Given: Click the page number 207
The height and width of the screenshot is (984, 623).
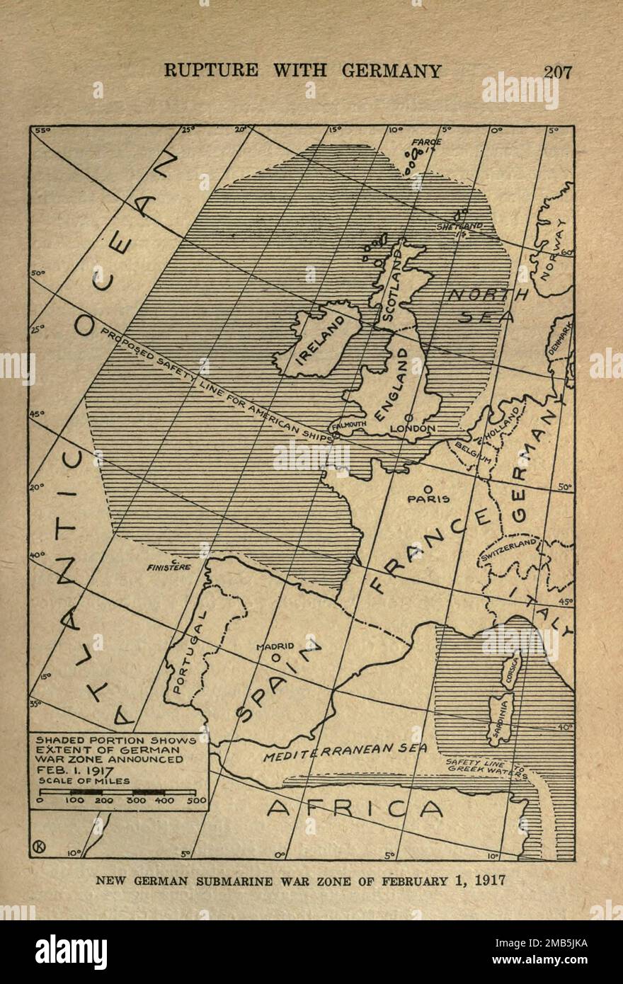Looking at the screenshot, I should point(558,71).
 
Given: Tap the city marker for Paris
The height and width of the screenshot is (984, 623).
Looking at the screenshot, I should point(428,488).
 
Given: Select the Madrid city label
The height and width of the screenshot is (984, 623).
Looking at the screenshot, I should point(275,646).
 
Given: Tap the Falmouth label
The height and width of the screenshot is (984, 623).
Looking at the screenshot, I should point(348,425).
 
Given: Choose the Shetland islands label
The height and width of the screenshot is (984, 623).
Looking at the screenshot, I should point(459,227).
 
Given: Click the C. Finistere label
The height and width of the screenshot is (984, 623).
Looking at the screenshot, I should point(169,566).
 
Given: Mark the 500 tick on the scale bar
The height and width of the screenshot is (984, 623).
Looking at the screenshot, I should point(198,801).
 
